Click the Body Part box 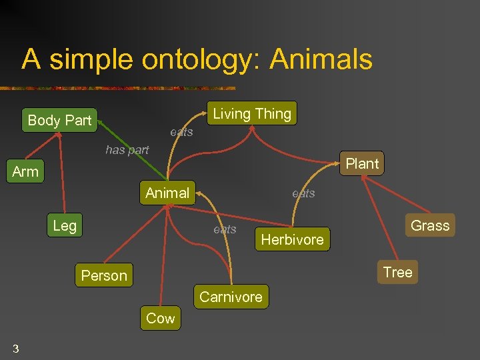tap(59, 121)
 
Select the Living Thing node tap(252, 114)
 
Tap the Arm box tap(25, 172)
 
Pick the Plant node tap(362, 164)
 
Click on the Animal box tap(167, 193)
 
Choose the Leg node tap(65, 226)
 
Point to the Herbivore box tap(292, 240)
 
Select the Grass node tap(430, 226)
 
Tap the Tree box tap(397, 272)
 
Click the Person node tap(104, 276)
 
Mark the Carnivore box tap(231, 297)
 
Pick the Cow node tap(160, 319)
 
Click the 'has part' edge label tap(127, 150)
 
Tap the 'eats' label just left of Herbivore tap(225, 229)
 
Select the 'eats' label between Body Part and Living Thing tap(181, 132)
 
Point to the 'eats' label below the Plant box tap(303, 193)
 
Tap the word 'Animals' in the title tap(321, 59)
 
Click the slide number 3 tap(15, 349)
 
